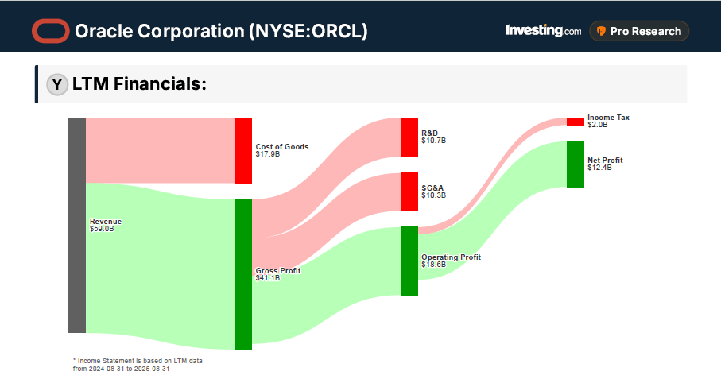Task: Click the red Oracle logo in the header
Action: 51,31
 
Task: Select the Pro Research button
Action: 639,31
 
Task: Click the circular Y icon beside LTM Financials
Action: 56,84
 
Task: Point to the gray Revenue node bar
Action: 76,225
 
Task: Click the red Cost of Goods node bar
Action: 242,150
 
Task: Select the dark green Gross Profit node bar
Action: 242,274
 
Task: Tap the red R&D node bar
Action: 409,137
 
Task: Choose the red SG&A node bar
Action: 409,191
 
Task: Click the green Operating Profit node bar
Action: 409,261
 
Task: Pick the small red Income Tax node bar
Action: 575,122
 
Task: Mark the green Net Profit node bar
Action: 575,164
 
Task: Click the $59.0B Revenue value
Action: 102,229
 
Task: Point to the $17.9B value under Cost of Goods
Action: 267,154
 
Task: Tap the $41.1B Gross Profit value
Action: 267,278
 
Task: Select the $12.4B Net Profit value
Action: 599,168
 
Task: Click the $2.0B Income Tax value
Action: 597,125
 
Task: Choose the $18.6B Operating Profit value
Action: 434,265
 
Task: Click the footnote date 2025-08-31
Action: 152,369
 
